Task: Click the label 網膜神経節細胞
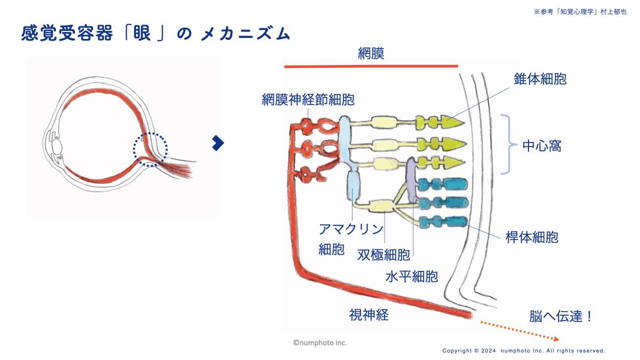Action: [x=308, y=99]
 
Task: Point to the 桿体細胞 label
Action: [x=532, y=237]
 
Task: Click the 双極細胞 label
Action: [x=383, y=254]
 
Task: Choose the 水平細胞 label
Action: [x=411, y=276]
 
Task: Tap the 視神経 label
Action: [x=369, y=315]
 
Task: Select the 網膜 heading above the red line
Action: [x=371, y=53]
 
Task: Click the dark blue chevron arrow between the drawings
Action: [x=218, y=142]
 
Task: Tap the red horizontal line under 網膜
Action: [x=371, y=66]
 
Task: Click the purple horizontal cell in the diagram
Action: [x=412, y=181]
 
